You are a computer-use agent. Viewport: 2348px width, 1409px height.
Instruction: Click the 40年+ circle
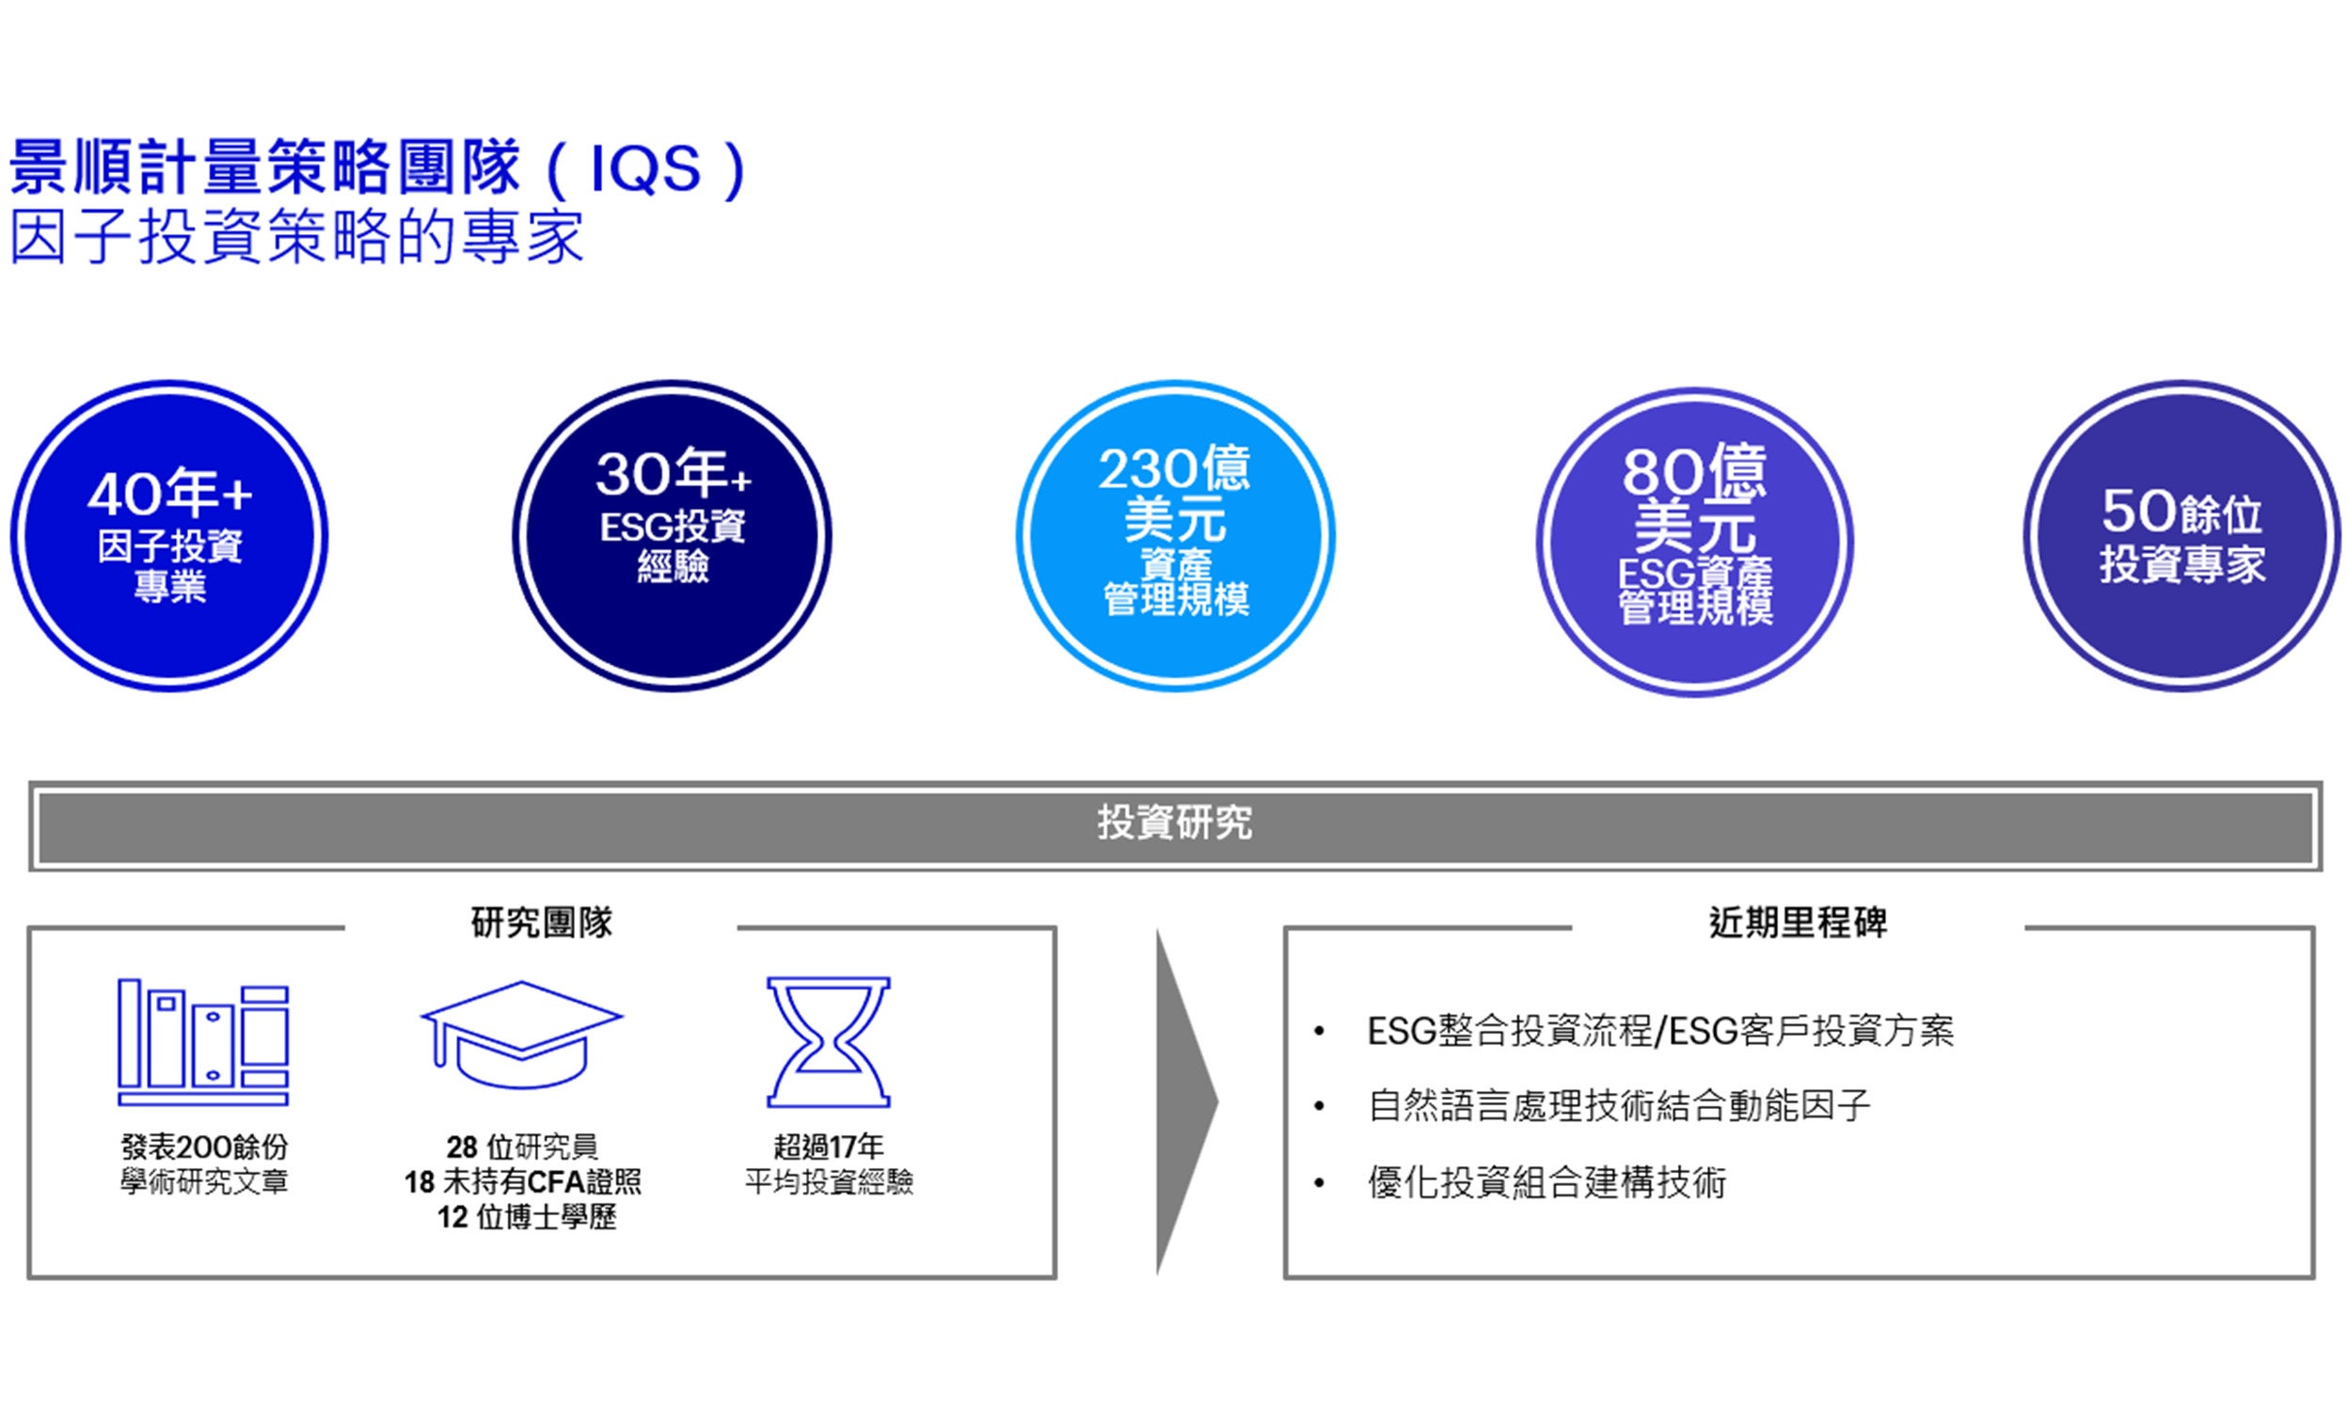point(170,536)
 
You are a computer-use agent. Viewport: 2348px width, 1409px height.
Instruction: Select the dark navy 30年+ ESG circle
point(673,536)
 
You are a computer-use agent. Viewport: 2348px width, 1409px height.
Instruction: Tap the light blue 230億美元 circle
point(1176,536)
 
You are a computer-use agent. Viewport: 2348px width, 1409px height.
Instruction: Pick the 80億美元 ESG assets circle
point(1695,542)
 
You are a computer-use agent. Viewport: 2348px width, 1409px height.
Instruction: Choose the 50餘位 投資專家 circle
point(2181,536)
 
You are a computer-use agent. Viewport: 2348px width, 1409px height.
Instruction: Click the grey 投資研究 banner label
point(1176,823)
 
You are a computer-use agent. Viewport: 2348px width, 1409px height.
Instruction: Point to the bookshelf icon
point(203,1041)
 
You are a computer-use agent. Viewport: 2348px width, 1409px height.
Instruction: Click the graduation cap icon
point(521,1035)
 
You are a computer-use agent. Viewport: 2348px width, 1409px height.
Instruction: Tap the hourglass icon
point(828,1041)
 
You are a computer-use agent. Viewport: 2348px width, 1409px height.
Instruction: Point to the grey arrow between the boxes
point(1187,1102)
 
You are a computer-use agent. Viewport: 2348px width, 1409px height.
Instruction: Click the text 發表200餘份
point(204,1147)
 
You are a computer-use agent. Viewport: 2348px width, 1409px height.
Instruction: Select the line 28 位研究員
point(522,1147)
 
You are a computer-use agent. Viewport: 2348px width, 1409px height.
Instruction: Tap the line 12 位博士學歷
point(526,1216)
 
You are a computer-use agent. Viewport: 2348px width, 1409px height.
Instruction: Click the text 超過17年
point(829,1147)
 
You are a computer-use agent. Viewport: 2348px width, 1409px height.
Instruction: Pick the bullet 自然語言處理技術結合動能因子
point(1619,1105)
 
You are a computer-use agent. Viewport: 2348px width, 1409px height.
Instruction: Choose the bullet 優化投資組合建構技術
point(1547,1182)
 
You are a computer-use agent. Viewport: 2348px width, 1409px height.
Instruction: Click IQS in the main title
point(645,169)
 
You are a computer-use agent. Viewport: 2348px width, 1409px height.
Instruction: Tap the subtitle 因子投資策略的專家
point(296,236)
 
